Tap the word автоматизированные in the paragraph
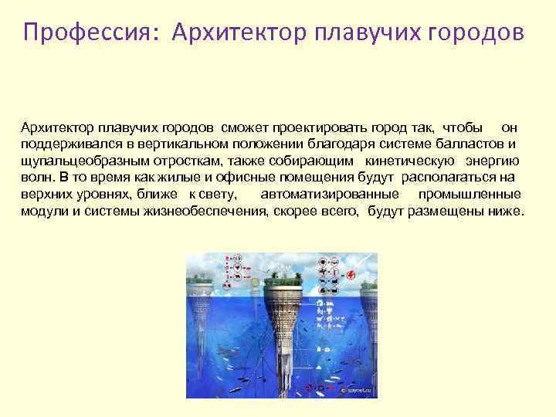(x=330, y=195)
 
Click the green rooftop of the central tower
(x=286, y=273)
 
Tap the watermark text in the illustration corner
(x=355, y=392)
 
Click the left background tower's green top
(x=202, y=275)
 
